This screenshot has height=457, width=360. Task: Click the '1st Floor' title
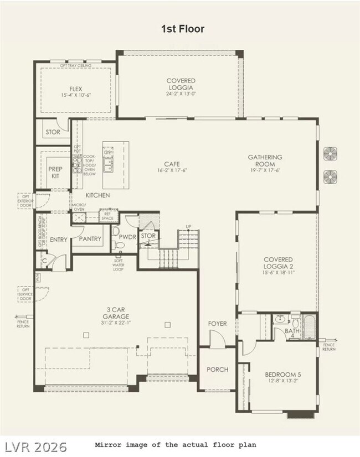[182, 29]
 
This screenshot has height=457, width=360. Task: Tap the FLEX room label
[76, 89]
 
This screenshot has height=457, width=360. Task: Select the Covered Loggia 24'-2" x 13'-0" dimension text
[181, 94]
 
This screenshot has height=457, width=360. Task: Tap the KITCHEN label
[97, 195]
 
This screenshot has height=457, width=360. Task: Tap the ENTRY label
[59, 240]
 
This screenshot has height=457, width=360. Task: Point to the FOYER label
[217, 324]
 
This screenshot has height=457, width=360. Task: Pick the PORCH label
[217, 369]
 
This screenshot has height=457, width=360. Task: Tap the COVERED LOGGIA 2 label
[278, 263]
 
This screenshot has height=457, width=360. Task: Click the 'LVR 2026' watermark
[37, 446]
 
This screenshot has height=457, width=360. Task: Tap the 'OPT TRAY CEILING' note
[76, 65]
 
